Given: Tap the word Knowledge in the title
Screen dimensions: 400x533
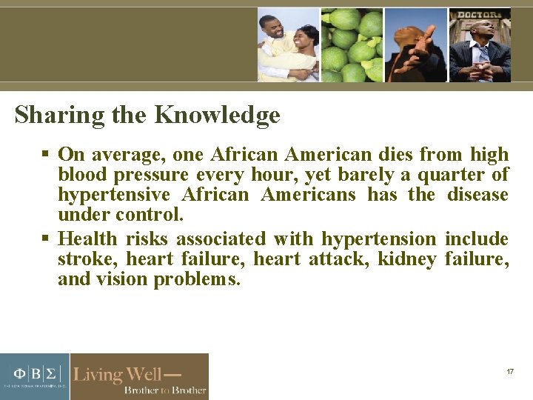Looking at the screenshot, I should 217,116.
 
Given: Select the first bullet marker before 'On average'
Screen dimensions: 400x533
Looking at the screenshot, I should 44,155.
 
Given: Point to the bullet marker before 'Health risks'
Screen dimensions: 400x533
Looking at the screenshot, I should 44,239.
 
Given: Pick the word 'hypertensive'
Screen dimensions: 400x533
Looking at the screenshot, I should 114,196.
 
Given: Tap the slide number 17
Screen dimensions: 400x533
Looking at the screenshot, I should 510,371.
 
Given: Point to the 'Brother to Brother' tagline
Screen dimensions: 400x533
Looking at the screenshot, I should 164,390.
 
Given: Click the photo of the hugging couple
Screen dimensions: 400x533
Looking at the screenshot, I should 288,44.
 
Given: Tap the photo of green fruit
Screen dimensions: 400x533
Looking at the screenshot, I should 352,44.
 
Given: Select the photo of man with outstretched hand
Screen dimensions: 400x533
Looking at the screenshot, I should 415,44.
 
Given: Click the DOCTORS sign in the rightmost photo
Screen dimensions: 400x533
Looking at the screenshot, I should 479,15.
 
